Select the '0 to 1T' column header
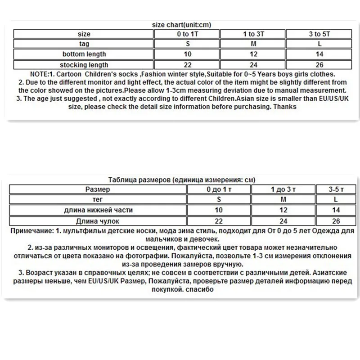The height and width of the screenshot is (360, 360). pos(189,34)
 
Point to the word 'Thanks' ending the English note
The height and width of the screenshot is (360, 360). pos(286,107)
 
